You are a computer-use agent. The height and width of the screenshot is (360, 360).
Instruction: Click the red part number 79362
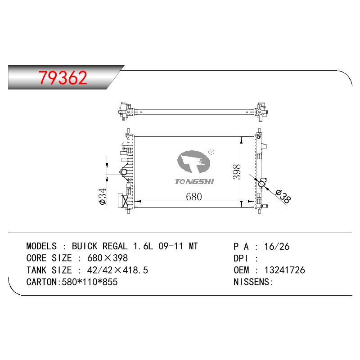[63, 77]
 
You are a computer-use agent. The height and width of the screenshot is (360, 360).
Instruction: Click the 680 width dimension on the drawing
[194, 197]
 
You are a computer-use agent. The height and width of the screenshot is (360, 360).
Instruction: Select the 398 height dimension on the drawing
[237, 172]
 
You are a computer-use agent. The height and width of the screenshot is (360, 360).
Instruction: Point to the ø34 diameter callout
[103, 196]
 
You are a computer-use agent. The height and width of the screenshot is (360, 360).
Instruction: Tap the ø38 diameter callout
[283, 196]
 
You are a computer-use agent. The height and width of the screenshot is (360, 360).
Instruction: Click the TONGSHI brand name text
[194, 182]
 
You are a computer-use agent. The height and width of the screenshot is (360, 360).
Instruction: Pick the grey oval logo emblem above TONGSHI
[193, 162]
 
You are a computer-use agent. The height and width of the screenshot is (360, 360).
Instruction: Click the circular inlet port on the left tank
[124, 172]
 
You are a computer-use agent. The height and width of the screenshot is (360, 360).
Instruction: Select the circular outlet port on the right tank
[261, 184]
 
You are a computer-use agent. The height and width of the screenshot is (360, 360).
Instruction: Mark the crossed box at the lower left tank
[126, 201]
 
